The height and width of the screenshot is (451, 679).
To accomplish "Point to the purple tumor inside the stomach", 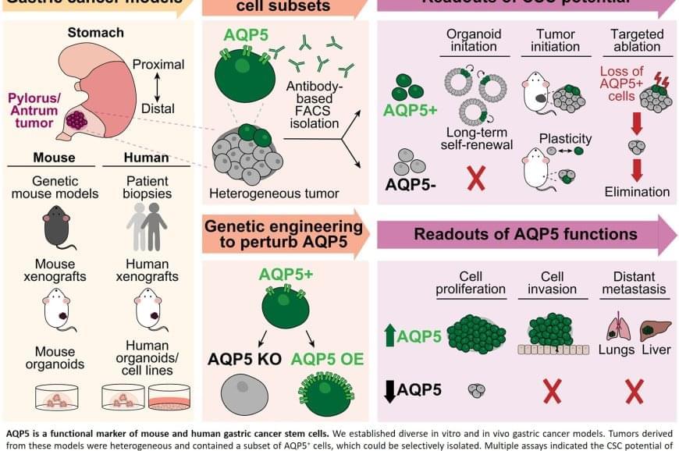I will (x=77, y=120).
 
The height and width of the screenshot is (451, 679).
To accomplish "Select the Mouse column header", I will (x=54, y=157).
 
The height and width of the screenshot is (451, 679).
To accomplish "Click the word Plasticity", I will (x=565, y=139).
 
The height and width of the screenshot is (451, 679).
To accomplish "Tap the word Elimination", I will (x=637, y=192).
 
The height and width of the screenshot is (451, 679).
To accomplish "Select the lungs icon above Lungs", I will (x=617, y=325).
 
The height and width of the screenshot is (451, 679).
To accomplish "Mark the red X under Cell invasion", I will (x=553, y=391).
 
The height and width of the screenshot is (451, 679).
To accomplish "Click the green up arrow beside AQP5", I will (x=390, y=336).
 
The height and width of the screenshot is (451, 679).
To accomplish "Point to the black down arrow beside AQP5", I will (x=390, y=388).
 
